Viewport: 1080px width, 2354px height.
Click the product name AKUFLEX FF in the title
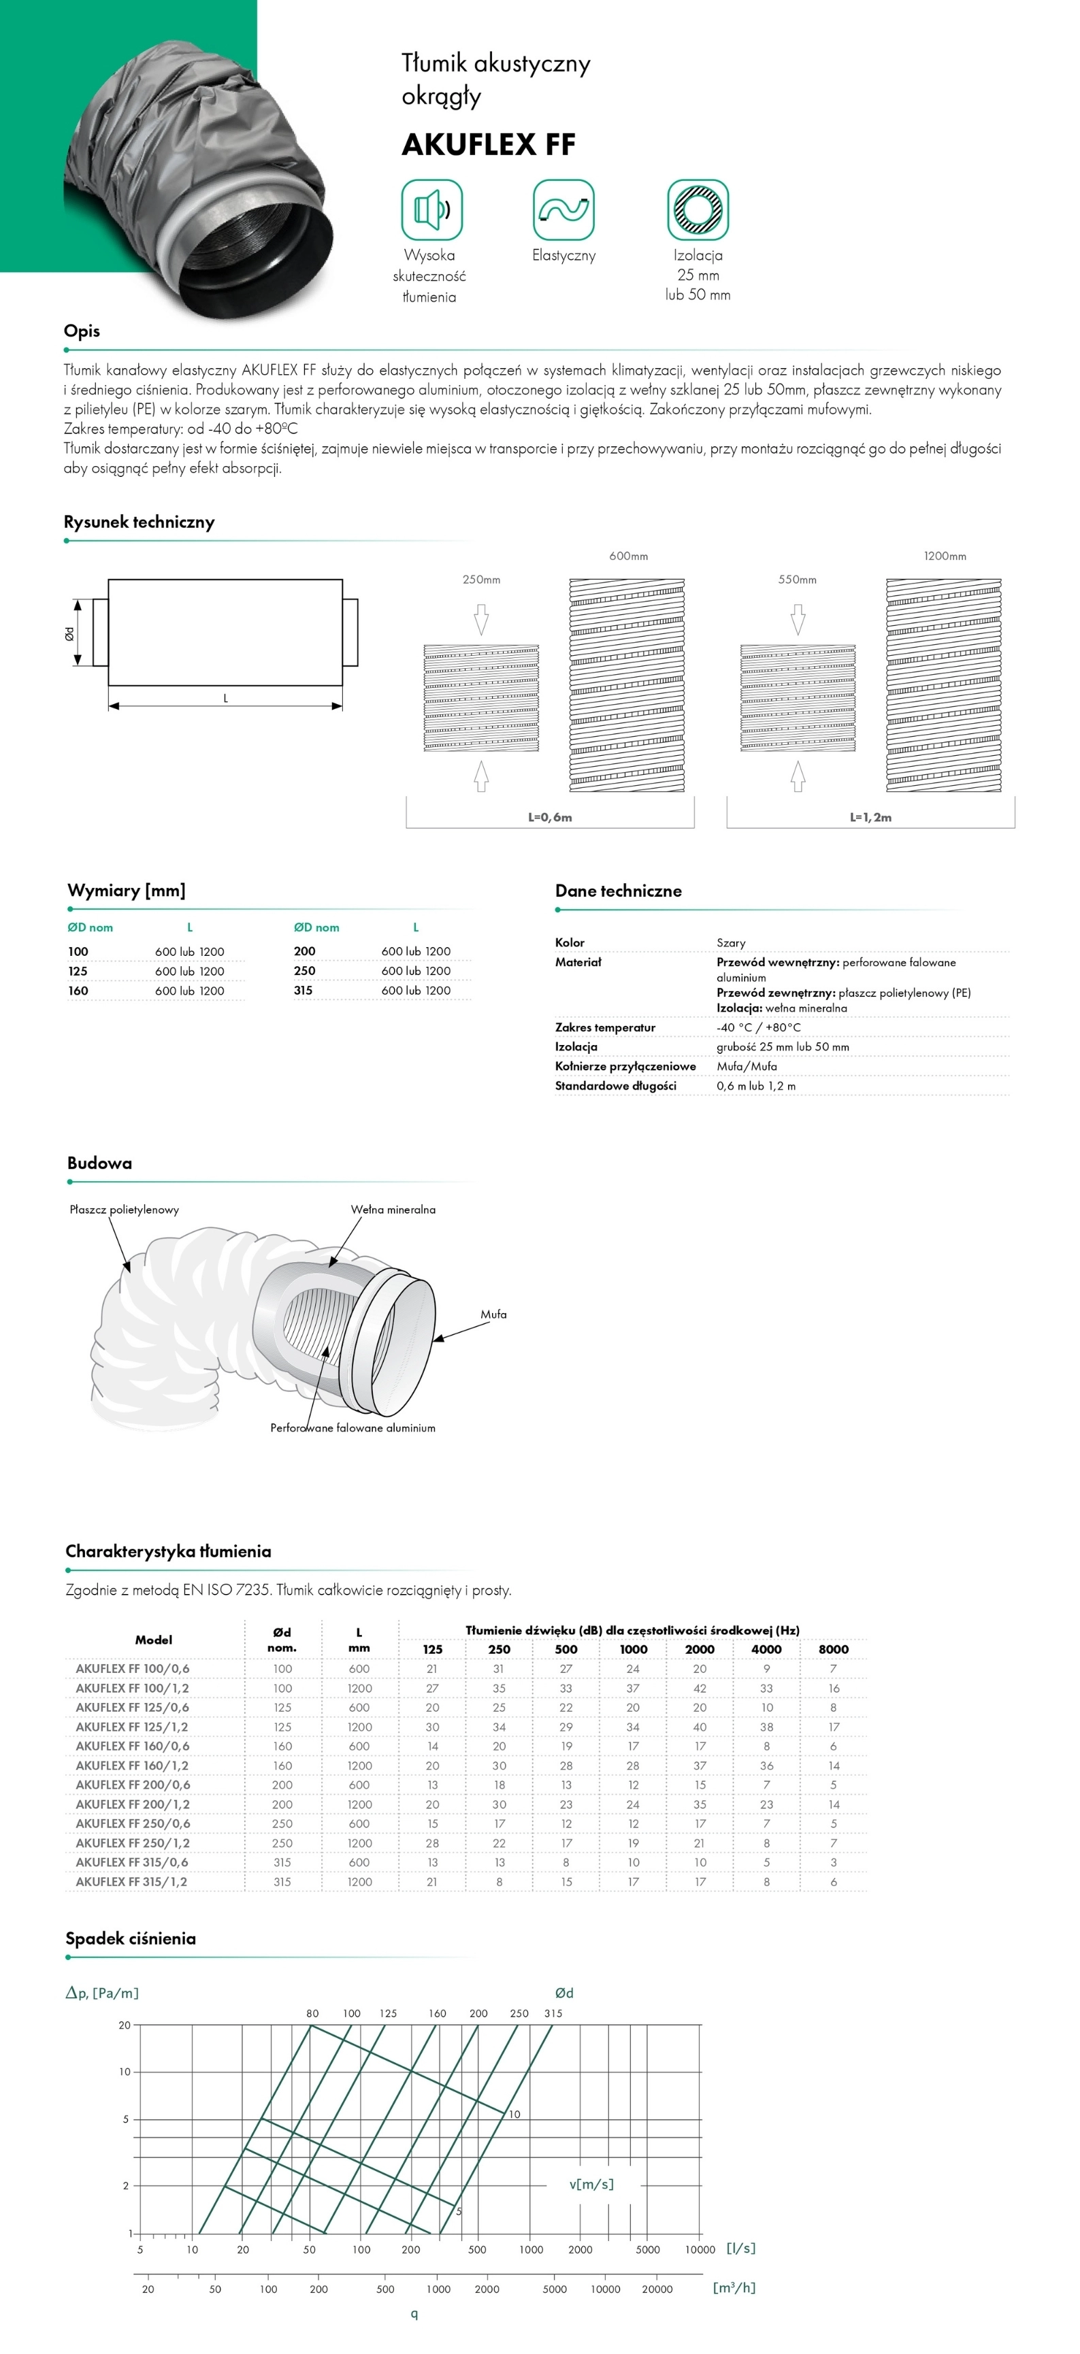(x=489, y=144)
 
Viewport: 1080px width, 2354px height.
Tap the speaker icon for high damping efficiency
(x=431, y=210)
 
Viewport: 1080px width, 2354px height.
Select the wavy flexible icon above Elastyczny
(x=563, y=210)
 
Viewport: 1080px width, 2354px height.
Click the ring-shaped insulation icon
(x=698, y=210)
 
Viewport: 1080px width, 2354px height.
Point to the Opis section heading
(x=81, y=331)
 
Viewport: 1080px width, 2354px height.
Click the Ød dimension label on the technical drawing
(x=69, y=632)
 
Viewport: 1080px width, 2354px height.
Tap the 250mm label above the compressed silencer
(x=482, y=580)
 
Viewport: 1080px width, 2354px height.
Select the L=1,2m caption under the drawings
(x=870, y=817)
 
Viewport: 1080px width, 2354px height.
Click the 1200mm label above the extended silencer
(x=945, y=556)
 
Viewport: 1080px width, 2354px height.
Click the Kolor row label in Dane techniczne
(x=570, y=942)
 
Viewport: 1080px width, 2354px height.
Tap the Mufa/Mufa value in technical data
(x=747, y=1065)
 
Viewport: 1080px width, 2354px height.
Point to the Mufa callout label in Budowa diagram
(x=493, y=1314)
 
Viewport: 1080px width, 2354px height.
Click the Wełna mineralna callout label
(x=393, y=1209)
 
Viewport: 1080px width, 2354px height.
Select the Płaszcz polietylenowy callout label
(x=125, y=1209)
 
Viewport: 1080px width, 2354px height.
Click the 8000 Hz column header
(x=833, y=1648)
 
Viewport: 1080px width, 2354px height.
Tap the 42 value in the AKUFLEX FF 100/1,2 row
(x=700, y=1688)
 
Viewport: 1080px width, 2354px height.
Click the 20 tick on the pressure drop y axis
(x=125, y=2025)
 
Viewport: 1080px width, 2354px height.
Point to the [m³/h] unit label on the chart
(x=734, y=2287)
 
